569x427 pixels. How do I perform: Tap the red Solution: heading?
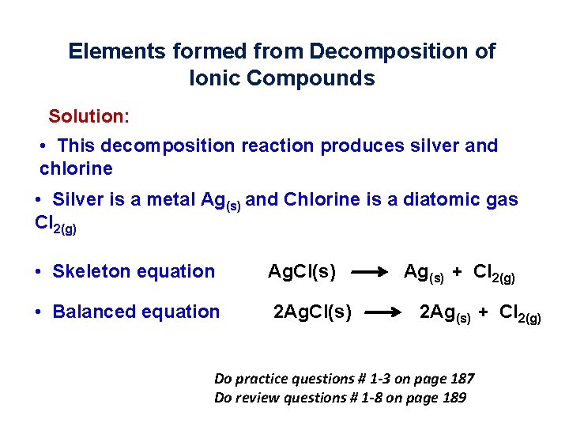pyautogui.click(x=89, y=116)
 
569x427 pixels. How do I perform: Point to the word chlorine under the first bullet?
pyautogui.click(x=76, y=168)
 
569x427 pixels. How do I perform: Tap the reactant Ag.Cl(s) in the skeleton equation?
pyautogui.click(x=302, y=272)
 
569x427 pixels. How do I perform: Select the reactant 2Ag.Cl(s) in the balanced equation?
pyautogui.click(x=312, y=312)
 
